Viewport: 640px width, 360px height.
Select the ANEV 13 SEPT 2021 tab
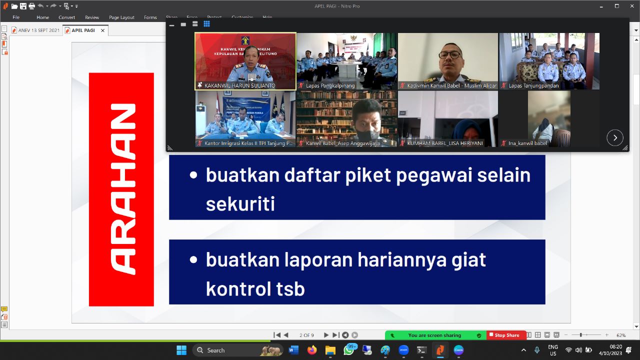tap(38, 30)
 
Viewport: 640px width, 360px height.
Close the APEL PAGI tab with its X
tap(102, 30)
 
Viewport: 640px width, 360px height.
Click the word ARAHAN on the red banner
tap(121, 189)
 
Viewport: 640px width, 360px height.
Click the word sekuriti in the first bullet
tap(240, 204)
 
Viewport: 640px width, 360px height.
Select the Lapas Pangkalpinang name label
tap(330, 85)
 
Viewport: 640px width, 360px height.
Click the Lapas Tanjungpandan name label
tap(533, 85)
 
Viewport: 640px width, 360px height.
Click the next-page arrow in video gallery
tap(614, 137)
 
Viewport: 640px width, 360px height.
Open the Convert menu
tap(66, 17)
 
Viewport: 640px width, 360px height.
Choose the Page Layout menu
tap(121, 17)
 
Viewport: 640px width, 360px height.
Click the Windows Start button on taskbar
tap(181, 350)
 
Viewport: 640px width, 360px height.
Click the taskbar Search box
tap(225, 350)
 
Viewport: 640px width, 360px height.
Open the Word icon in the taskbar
tap(293, 350)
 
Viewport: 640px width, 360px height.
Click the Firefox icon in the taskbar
tap(312, 350)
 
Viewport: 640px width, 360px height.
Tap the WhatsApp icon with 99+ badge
tap(349, 350)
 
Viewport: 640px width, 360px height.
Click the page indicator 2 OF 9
tap(306, 335)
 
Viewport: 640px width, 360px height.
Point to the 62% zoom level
tap(621, 335)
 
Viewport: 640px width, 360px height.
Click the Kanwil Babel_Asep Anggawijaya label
tap(342, 143)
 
